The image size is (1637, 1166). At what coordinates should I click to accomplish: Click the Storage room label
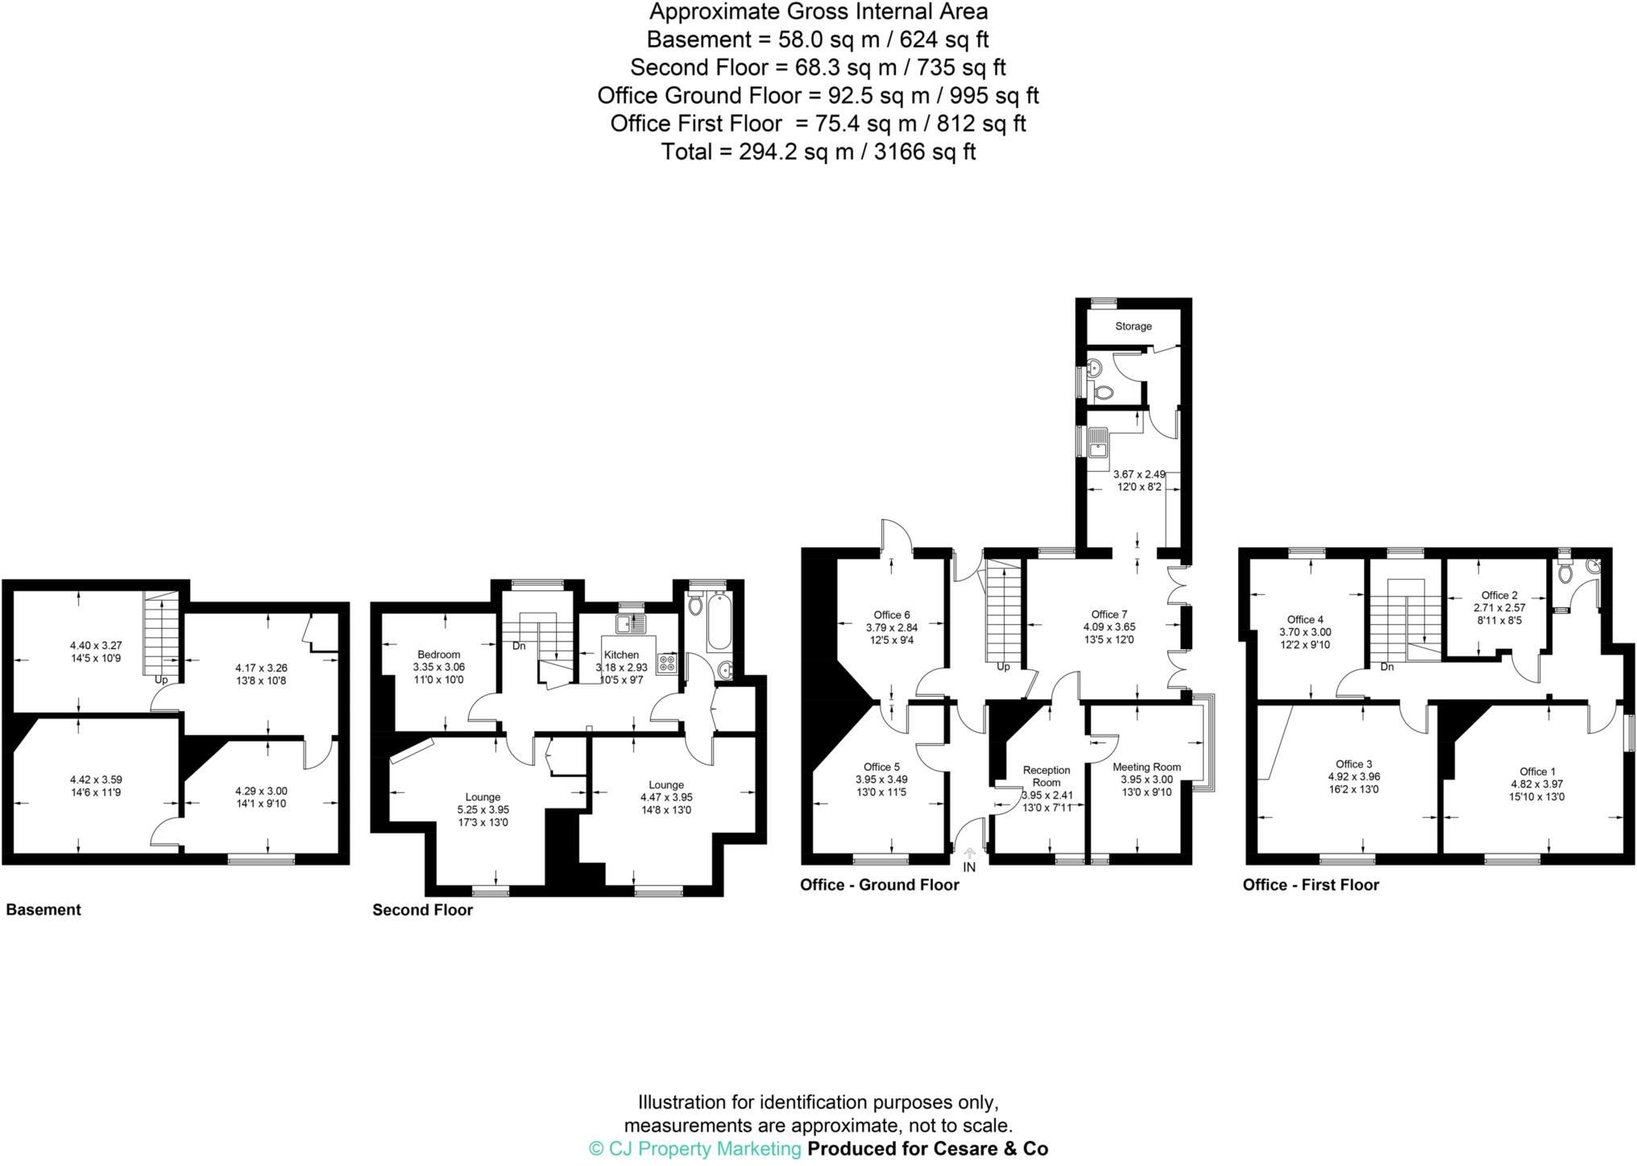[x=1133, y=326]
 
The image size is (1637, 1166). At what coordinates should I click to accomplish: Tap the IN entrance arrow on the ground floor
[x=969, y=854]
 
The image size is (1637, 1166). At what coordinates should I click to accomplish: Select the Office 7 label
[x=1109, y=614]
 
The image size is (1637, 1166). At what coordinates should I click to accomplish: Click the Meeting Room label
[x=1146, y=767]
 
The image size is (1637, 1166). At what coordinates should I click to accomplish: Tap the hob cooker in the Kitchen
[x=667, y=664]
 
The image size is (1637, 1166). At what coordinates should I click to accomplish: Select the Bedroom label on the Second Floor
[x=438, y=654]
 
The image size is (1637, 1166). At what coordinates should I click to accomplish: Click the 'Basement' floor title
[x=44, y=910]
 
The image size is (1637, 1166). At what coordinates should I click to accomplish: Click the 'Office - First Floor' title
[x=1311, y=885]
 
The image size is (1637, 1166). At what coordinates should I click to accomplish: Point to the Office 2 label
[x=1499, y=595]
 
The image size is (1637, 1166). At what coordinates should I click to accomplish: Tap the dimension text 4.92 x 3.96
[x=1353, y=777]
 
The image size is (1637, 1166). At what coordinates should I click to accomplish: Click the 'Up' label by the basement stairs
[x=162, y=680]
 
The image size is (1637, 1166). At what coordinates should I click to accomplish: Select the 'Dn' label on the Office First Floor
[x=1386, y=667]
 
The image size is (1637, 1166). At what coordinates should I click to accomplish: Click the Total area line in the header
[x=818, y=151]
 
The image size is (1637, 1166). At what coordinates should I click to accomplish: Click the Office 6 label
[x=892, y=614]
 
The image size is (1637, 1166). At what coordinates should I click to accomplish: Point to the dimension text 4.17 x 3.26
[x=260, y=668]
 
